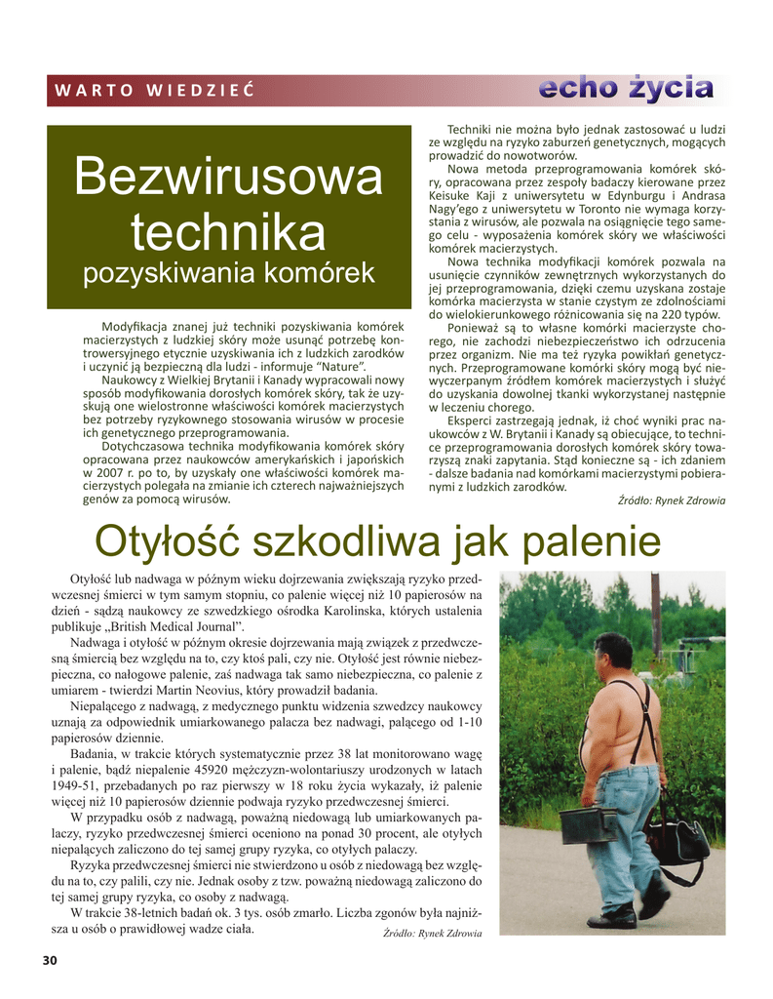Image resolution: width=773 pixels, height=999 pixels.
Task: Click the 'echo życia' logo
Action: pos(627,88)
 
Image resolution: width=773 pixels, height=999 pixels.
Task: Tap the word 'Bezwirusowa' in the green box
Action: pos(229,179)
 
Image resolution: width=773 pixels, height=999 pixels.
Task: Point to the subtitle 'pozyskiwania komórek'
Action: pos(229,272)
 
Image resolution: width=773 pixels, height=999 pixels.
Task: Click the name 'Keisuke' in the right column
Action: pos(450,196)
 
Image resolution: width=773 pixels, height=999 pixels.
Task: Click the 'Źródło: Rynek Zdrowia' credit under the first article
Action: pos(673,500)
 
